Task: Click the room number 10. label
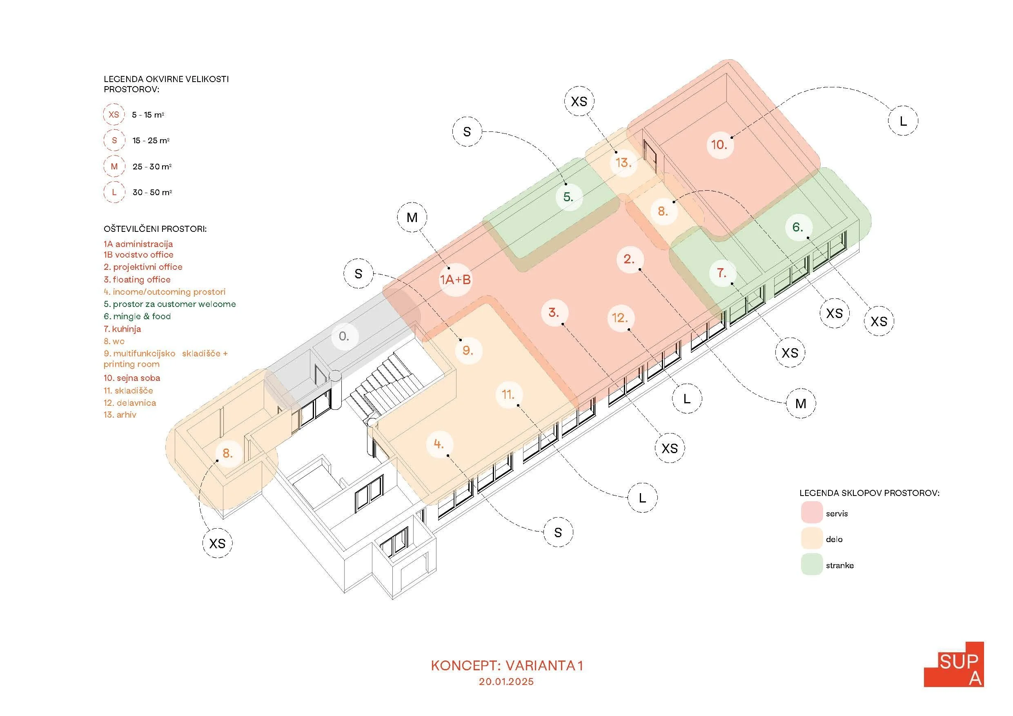(719, 145)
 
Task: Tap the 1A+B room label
(455, 280)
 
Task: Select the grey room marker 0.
(344, 337)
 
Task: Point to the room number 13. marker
(623, 163)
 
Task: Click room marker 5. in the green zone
(568, 197)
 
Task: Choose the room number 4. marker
(439, 444)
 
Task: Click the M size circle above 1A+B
(412, 218)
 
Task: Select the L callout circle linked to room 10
(903, 121)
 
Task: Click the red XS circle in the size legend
(114, 115)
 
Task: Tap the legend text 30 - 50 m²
(152, 192)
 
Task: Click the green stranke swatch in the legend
(812, 565)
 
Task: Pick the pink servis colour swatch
(812, 513)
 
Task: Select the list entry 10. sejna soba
(132, 378)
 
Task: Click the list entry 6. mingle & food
(137, 316)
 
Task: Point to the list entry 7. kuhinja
(122, 329)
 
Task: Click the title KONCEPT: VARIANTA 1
(507, 666)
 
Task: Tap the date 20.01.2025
(506, 682)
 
